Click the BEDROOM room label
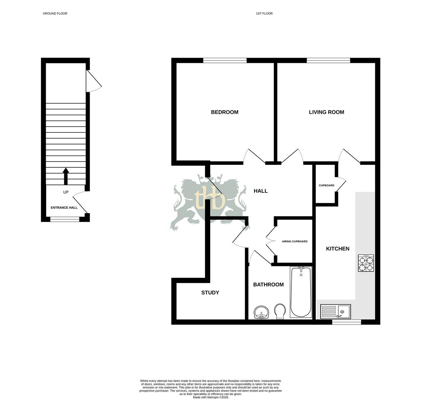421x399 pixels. pyautogui.click(x=225, y=112)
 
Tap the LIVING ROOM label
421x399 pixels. pyautogui.click(x=326, y=112)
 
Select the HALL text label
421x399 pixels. pyautogui.click(x=261, y=191)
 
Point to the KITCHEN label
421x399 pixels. pyautogui.click(x=338, y=249)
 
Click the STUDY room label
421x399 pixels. pyautogui.click(x=210, y=293)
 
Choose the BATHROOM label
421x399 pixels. pyautogui.click(x=268, y=284)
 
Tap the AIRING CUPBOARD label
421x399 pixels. pyautogui.click(x=295, y=242)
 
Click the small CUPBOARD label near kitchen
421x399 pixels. pyautogui.click(x=326, y=185)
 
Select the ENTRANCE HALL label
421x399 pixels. pyautogui.click(x=64, y=208)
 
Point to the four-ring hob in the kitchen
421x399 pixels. pyautogui.click(x=366, y=263)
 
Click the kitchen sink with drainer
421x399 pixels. pyautogui.click(x=335, y=311)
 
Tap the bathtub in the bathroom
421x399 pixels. pyautogui.click(x=301, y=292)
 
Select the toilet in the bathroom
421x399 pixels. pyautogui.click(x=280, y=311)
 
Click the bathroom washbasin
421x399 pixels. pyautogui.click(x=262, y=313)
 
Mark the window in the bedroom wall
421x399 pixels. pyautogui.click(x=225, y=61)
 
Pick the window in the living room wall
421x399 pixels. pyautogui.click(x=328, y=61)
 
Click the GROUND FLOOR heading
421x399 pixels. pyautogui.click(x=55, y=14)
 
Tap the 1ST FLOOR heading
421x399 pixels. pyautogui.click(x=264, y=14)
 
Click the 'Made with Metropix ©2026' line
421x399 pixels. pyautogui.click(x=210, y=397)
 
